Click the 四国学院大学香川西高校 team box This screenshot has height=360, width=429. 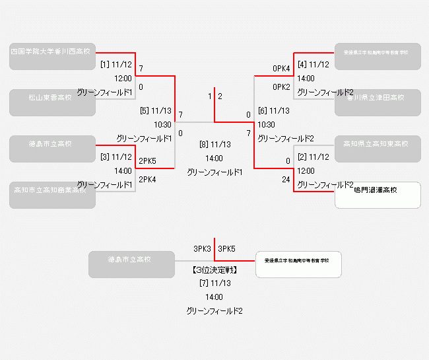52,56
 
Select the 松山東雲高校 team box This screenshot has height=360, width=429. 52,102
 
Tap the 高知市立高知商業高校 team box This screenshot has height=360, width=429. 52,195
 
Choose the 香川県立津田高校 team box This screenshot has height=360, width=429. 378,102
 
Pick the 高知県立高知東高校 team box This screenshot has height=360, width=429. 378,149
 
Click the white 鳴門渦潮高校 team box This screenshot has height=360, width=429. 378,195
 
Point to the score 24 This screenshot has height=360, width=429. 286,179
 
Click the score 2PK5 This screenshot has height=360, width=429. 147,161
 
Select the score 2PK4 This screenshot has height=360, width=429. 147,179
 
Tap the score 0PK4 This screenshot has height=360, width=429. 281,68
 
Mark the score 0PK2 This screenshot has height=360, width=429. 281,87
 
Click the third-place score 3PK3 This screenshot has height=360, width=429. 202,249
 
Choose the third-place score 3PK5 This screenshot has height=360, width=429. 226,249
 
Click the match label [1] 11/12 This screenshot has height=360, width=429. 116,65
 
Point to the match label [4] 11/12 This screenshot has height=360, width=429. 313,65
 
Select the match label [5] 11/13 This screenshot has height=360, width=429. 156,111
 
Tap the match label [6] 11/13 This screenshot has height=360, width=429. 273,111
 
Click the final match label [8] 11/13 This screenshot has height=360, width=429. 214,144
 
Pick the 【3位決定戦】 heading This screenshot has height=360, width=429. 214,270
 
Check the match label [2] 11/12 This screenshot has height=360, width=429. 313,157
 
